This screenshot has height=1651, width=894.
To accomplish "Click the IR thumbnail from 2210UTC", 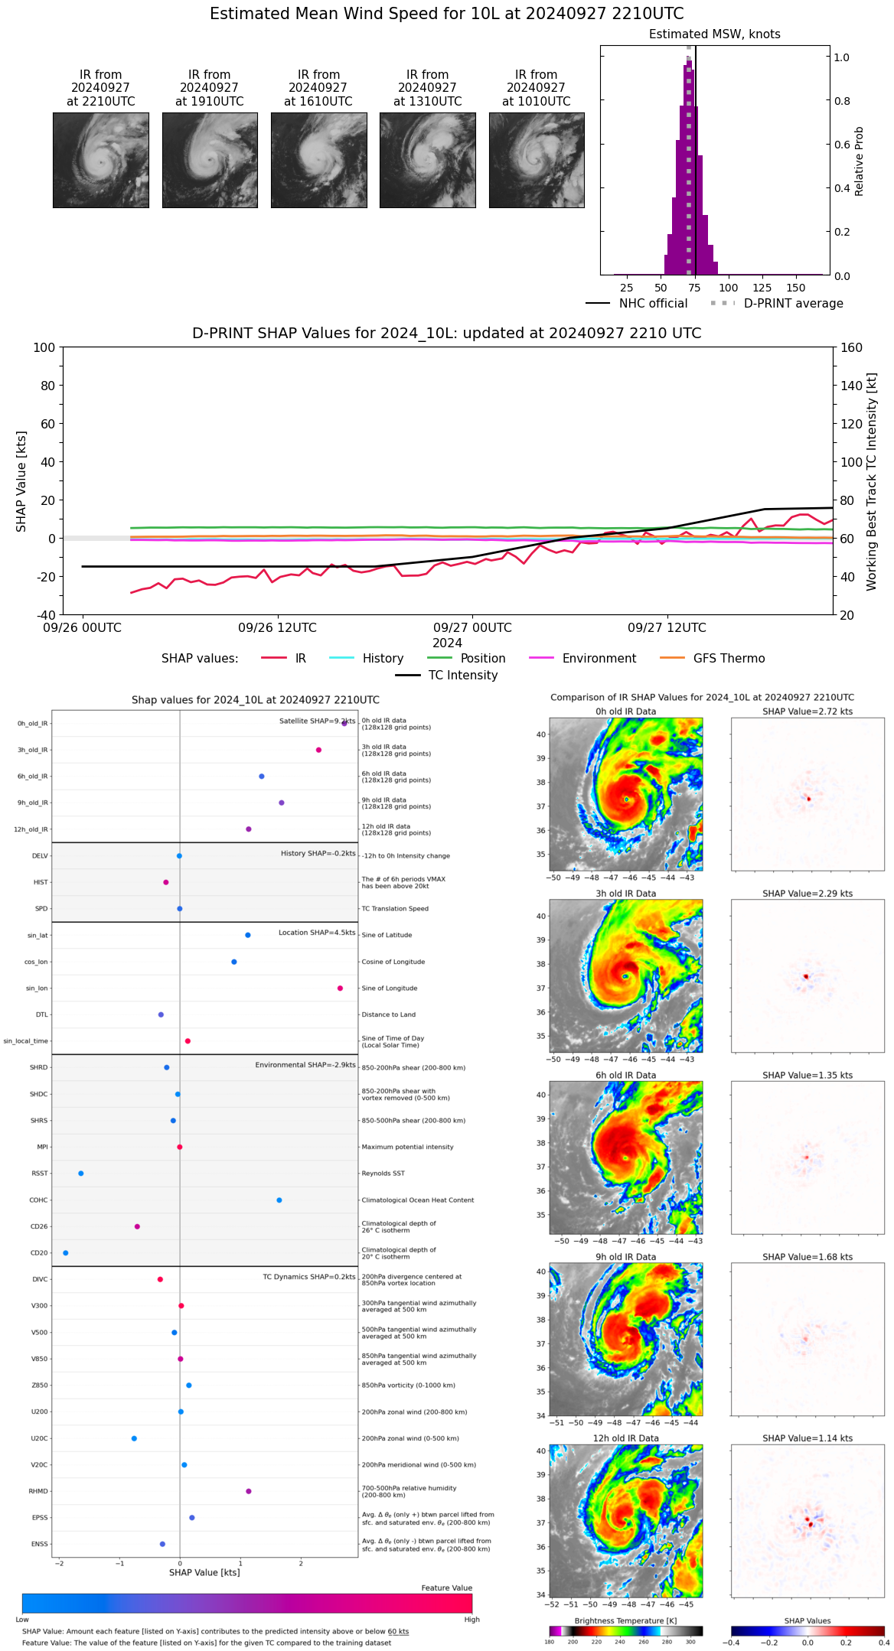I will (100, 160).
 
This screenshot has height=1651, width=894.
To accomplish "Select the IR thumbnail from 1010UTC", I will (537, 160).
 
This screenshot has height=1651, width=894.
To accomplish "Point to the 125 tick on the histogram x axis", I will (762, 288).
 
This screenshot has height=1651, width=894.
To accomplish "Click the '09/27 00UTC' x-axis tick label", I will (472, 628).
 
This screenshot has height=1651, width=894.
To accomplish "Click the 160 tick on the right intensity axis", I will (851, 348).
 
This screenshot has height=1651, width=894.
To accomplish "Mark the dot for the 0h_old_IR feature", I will (344, 723).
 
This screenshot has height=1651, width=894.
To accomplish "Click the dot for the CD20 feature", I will (66, 1252).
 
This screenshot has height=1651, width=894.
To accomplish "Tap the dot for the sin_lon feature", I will (340, 988).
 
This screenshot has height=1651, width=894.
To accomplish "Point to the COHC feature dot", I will (279, 1200).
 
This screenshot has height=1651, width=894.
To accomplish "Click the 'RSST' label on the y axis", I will (40, 1174).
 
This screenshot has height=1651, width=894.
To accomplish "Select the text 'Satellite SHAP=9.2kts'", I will (317, 721).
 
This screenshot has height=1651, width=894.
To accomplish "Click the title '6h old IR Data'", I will (625, 1075).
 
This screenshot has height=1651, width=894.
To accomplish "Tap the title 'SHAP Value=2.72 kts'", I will (807, 712).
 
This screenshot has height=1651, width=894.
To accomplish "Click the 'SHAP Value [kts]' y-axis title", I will (21, 481).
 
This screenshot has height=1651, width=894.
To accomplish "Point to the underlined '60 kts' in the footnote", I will (398, 1631).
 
